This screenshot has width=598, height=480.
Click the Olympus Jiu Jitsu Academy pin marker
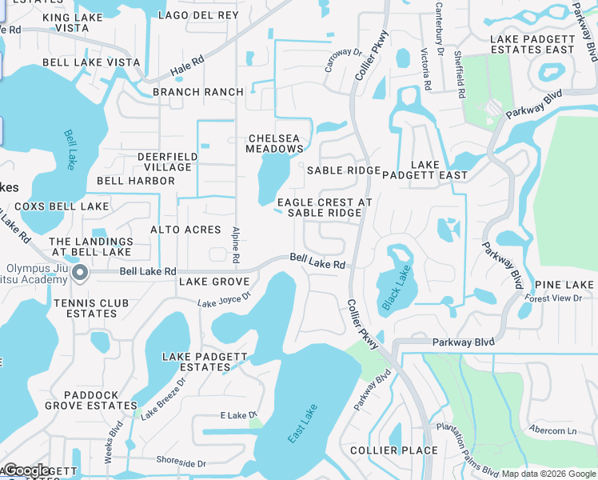click(x=80, y=274)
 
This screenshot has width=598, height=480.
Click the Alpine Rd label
click(x=236, y=245)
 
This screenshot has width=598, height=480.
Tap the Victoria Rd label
click(x=426, y=69)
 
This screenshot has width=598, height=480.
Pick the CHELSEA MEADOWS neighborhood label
click(x=275, y=143)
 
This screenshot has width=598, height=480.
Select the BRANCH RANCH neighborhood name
click(x=197, y=92)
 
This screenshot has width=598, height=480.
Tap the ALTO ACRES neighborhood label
click(x=185, y=230)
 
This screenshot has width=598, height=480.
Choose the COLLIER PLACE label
click(x=394, y=450)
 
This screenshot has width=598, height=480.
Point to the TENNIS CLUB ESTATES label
click(x=86, y=308)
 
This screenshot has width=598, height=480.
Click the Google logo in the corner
click(x=26, y=470)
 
